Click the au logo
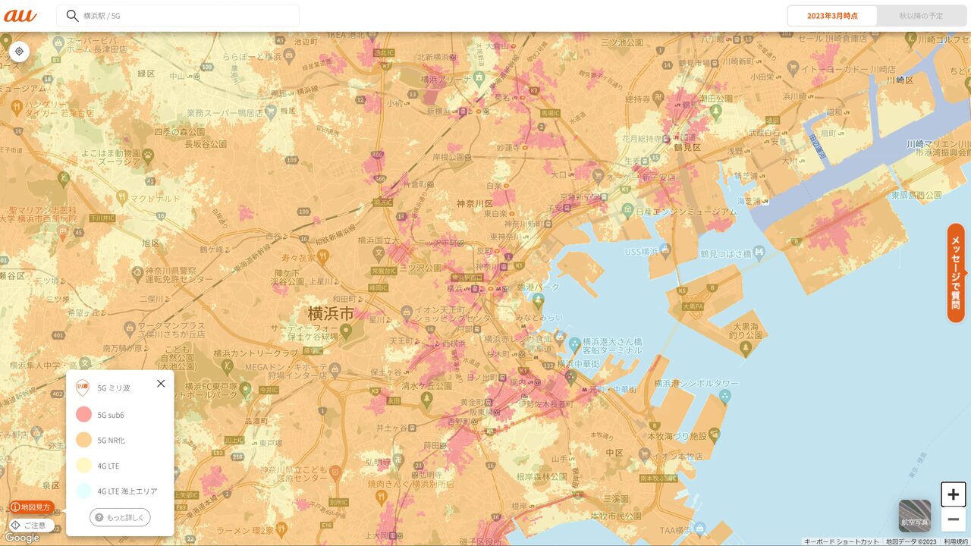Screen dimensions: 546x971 [20, 15]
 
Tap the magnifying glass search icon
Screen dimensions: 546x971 [72, 16]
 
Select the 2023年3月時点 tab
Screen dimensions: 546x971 [832, 16]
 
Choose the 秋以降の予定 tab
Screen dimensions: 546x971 [921, 16]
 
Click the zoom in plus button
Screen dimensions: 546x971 [954, 494]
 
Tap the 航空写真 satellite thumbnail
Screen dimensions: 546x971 [915, 516]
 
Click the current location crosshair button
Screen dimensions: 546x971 [19, 52]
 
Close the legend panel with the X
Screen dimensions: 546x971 [161, 384]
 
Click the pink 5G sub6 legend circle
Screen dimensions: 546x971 [84, 415]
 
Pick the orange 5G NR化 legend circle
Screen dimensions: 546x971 [84, 440]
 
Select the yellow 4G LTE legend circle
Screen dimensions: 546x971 [84, 466]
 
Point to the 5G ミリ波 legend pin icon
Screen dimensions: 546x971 [83, 388]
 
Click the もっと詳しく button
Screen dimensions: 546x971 [120, 517]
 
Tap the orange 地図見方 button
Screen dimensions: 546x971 [32, 507]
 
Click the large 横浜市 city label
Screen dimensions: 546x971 [331, 313]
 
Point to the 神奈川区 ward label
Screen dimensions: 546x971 [475, 204]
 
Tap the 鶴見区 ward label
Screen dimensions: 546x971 [687, 147]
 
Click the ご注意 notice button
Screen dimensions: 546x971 [29, 525]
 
